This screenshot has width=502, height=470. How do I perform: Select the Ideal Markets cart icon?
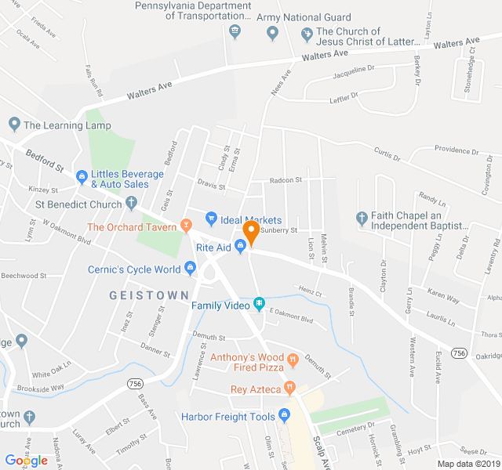click(x=210, y=219)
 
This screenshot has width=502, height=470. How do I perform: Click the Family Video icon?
click(x=259, y=304)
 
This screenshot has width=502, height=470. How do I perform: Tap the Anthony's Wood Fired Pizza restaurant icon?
click(x=293, y=360)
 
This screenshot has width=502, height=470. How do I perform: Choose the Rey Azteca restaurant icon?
click(x=289, y=386)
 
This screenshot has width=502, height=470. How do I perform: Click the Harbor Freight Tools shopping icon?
click(x=284, y=415)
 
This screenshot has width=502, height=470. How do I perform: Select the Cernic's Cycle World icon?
click(x=190, y=269)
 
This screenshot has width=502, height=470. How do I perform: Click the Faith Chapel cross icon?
click(x=361, y=218)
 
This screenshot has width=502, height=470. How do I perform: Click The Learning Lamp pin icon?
click(x=14, y=125)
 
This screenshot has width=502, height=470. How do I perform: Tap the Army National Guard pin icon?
click(x=273, y=32)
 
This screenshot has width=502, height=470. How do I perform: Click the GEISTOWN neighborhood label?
click(x=149, y=295)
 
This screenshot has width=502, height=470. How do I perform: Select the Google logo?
click(x=26, y=461)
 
